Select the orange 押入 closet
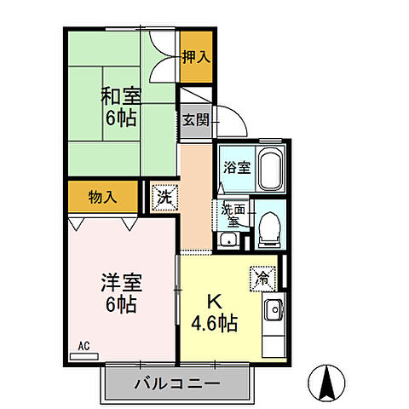(x=196, y=57)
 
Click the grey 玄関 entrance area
(x=193, y=119)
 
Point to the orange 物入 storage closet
(x=102, y=197)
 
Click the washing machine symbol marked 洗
(x=164, y=198)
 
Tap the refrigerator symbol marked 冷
(x=262, y=277)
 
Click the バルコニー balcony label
(x=177, y=384)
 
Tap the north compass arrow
(x=325, y=383)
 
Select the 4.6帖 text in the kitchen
(x=214, y=324)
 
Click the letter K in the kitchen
(x=215, y=302)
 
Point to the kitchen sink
(x=273, y=311)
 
